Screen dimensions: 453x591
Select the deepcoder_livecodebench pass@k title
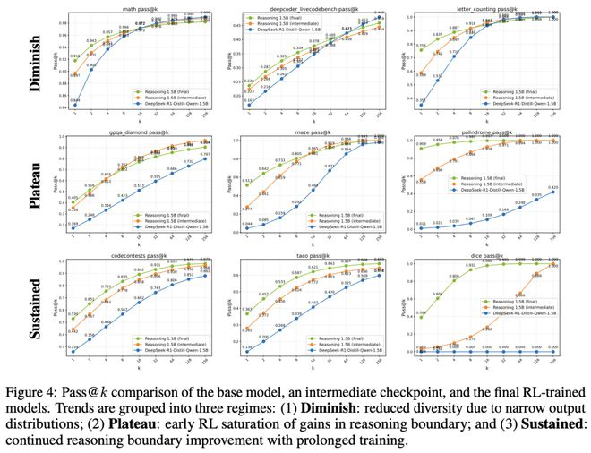pos(321,8)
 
